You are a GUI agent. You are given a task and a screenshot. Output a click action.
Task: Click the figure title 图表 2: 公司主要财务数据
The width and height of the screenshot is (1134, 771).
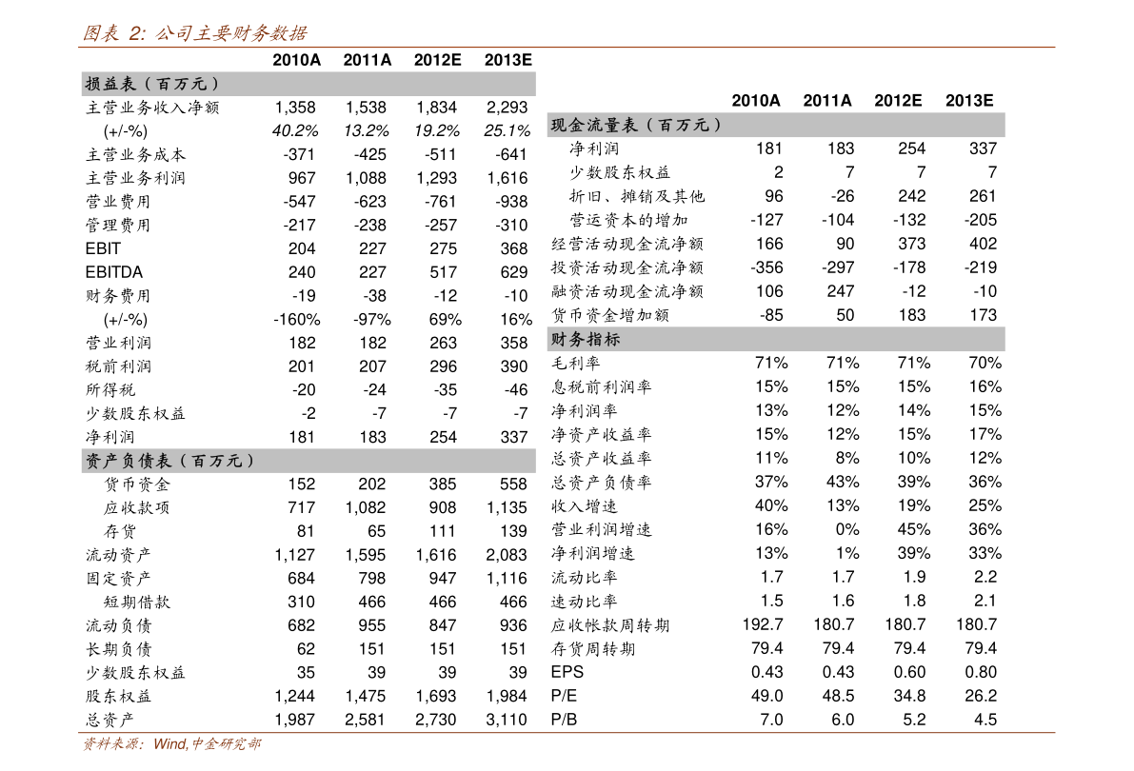(194, 32)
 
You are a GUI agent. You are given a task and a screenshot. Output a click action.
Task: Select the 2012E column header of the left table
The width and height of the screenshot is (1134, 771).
(438, 60)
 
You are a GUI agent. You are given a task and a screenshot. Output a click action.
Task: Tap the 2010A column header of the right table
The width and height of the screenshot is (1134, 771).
(756, 101)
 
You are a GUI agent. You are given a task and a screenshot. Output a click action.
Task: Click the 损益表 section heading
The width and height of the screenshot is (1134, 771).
(152, 84)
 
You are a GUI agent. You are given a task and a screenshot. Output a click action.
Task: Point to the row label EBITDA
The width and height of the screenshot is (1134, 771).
(114, 272)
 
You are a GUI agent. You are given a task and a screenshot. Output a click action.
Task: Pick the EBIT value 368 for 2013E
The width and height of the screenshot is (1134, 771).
(514, 248)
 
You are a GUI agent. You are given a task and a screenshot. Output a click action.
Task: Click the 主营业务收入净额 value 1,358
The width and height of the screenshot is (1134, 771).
(295, 108)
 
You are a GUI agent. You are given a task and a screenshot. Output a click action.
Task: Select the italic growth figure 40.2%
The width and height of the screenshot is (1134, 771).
(295, 131)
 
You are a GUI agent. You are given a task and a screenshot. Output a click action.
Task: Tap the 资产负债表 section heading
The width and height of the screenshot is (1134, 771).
(169, 461)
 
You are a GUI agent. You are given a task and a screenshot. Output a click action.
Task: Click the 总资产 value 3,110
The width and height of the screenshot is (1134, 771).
(507, 720)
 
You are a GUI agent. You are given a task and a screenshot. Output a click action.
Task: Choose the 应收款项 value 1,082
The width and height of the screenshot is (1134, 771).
(366, 507)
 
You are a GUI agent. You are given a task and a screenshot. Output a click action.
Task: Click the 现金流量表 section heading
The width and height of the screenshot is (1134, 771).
(636, 125)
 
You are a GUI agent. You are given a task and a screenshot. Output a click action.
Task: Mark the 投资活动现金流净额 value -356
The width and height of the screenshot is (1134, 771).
(766, 267)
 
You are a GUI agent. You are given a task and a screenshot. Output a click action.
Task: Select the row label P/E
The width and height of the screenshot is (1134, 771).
(564, 696)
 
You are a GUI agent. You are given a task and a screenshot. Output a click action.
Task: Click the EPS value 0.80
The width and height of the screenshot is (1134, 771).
(981, 672)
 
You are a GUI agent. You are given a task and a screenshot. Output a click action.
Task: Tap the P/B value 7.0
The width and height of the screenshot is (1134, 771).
(771, 720)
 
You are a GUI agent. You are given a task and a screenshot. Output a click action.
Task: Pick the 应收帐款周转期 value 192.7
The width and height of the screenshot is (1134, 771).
(763, 624)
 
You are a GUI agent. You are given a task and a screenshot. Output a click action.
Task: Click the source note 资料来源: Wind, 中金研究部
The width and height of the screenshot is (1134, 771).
(172, 743)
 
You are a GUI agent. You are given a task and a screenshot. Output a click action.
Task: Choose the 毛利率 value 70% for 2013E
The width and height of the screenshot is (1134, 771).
(985, 363)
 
